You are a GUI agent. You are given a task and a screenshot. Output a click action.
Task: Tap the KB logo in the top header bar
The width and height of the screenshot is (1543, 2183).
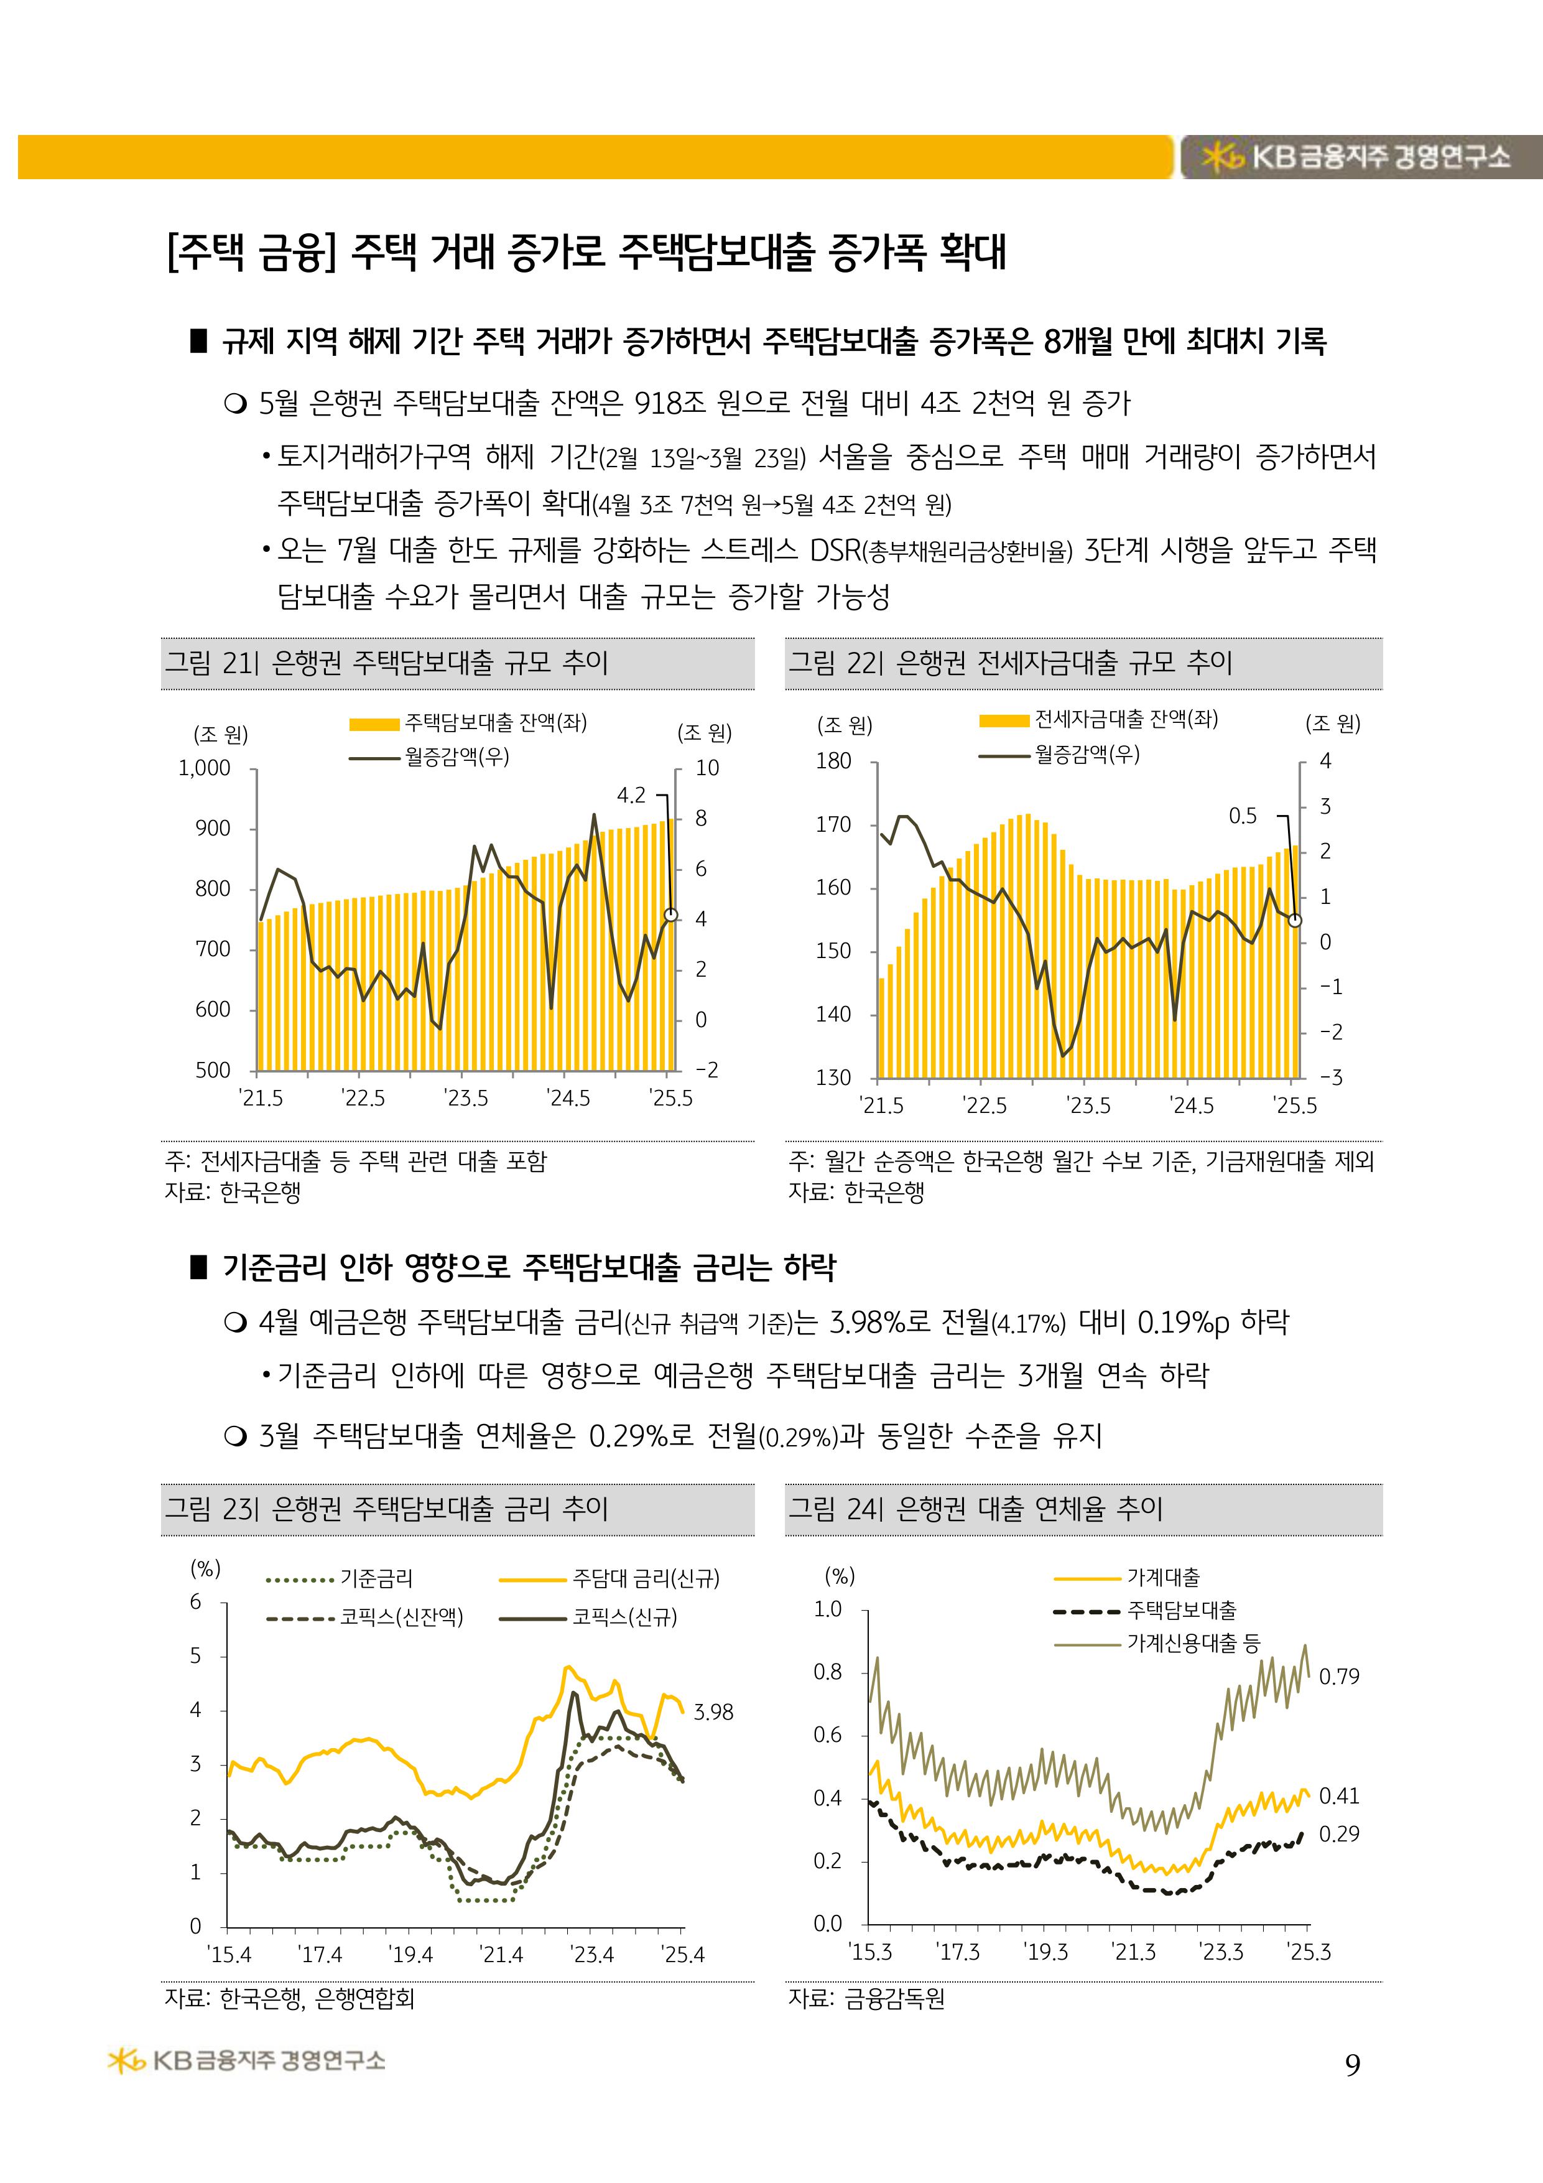coord(1223,157)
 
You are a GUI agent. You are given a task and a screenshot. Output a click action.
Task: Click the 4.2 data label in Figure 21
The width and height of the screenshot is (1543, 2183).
coord(631,795)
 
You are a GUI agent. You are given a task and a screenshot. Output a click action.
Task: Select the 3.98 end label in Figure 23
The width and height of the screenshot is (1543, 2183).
coord(713,1711)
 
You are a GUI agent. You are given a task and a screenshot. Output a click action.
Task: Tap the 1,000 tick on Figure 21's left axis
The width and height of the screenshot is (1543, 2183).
coord(205,768)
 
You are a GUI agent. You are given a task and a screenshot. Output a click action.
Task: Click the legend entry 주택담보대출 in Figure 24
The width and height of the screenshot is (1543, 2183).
coord(1182,1609)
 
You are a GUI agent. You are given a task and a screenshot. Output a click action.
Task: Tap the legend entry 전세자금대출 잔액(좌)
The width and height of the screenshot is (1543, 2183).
coord(1126,720)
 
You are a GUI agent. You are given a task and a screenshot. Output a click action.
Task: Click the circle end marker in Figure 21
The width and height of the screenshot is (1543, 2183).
coord(671,915)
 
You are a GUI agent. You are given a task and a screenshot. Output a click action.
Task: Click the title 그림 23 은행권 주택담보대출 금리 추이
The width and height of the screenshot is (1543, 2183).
coord(386,1509)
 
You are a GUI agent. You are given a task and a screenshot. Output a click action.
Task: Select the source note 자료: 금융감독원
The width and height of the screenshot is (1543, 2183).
coord(867,1999)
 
